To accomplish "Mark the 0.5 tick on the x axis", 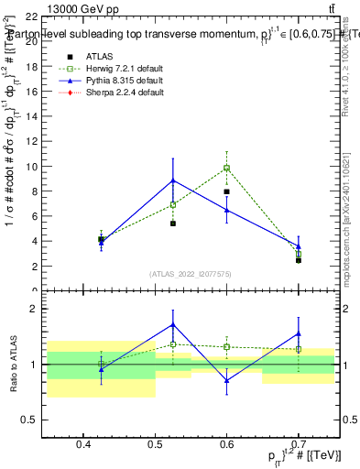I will pos(155,445).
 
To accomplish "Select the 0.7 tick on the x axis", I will pos(298,445).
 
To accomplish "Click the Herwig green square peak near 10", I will pos(226,168).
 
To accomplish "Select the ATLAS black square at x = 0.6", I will pos(226,192).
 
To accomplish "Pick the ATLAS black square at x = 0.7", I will pos(298,260).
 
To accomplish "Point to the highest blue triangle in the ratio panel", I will pos(173,324).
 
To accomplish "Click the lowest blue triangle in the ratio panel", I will pos(226,380).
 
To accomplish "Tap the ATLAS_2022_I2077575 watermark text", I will pos(190,274).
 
